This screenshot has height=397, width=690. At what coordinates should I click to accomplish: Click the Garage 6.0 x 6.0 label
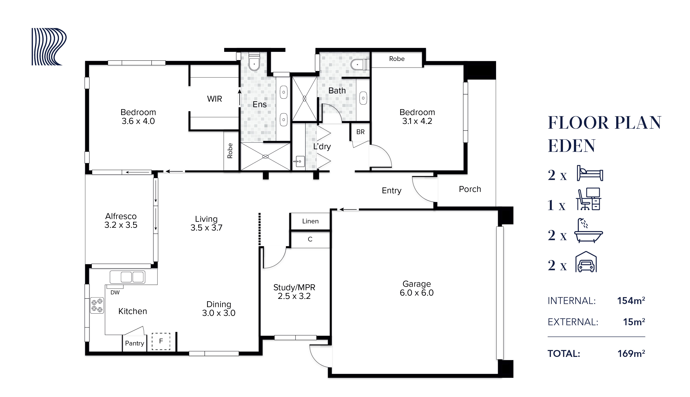pyautogui.click(x=416, y=288)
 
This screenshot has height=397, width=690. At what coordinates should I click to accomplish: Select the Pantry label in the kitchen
pyautogui.click(x=134, y=343)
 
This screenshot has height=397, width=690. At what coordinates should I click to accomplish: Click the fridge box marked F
pyautogui.click(x=161, y=341)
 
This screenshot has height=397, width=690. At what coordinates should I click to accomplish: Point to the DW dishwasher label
pyautogui.click(x=115, y=293)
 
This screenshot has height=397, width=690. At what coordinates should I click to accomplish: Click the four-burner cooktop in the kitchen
pyautogui.click(x=97, y=305)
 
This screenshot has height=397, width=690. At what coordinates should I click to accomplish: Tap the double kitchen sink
pyautogui.click(x=127, y=277)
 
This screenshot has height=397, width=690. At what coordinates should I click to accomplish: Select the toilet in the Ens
pyautogui.click(x=254, y=63)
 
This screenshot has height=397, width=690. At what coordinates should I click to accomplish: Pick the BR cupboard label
pyautogui.click(x=360, y=132)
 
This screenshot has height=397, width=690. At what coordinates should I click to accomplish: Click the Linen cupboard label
pyautogui.click(x=310, y=221)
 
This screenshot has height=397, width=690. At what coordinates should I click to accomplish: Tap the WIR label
pyautogui.click(x=215, y=99)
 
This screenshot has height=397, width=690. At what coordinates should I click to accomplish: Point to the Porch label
pyautogui.click(x=470, y=189)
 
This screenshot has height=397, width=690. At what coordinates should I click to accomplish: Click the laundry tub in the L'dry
pyautogui.click(x=300, y=161)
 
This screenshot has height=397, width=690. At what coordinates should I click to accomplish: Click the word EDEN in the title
pyautogui.click(x=571, y=146)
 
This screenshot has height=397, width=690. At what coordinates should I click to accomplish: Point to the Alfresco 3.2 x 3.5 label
pyautogui.click(x=121, y=221)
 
